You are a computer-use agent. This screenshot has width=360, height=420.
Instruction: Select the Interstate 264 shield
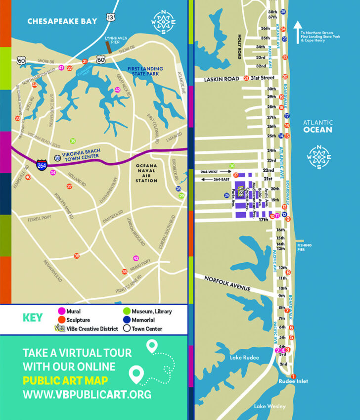43,164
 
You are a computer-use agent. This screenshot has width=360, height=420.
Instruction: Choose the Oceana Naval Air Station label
146,173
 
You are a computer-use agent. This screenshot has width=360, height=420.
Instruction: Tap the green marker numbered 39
73,141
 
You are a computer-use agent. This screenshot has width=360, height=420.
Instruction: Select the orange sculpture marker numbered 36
76,256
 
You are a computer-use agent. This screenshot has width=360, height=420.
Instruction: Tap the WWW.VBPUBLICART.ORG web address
87,395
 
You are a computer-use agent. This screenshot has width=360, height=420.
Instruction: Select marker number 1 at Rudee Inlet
293,376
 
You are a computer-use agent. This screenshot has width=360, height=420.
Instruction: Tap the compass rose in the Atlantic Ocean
319,157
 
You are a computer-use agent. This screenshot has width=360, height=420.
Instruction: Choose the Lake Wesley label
270,406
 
